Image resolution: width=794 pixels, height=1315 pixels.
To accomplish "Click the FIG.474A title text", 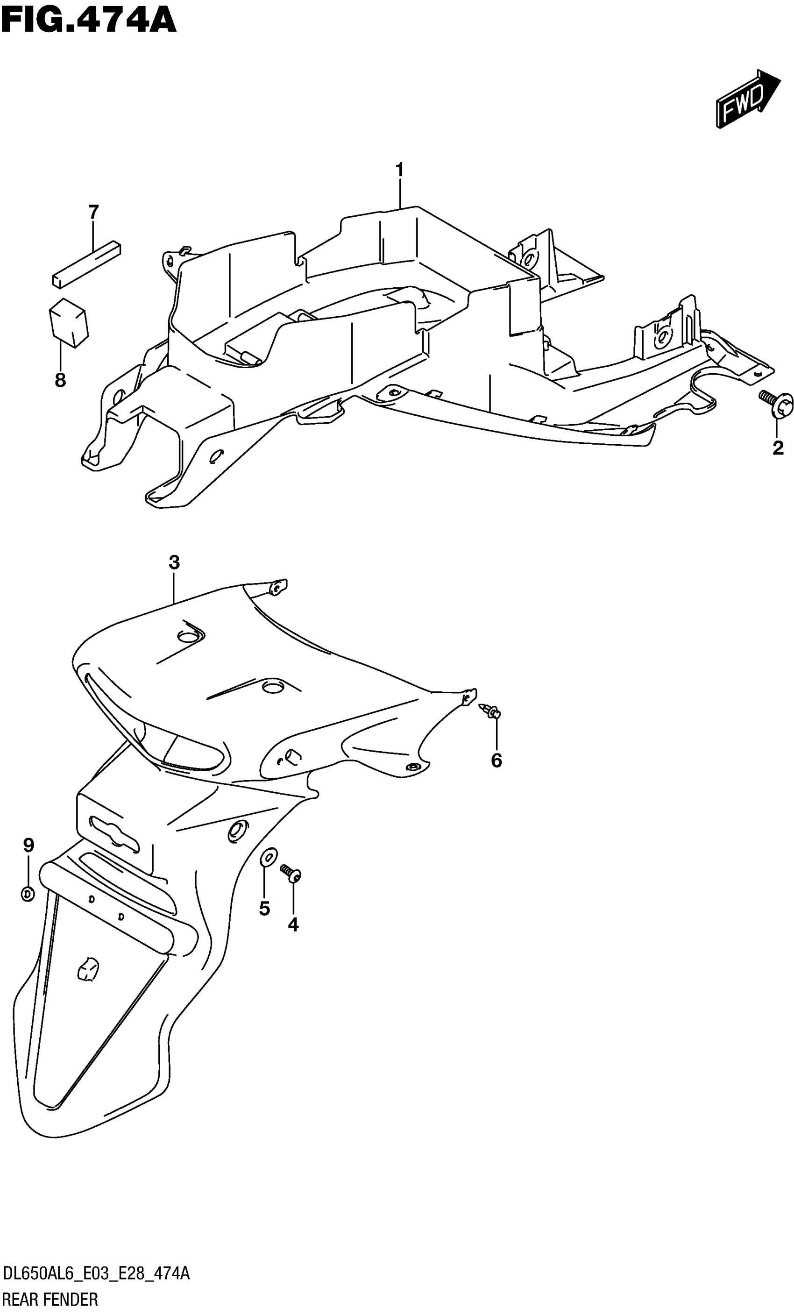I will (88, 21).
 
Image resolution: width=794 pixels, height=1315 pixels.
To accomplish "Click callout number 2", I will (778, 448).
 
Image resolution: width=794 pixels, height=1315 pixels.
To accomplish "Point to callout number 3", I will (174, 562).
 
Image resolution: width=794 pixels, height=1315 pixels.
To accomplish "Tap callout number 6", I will (496, 760).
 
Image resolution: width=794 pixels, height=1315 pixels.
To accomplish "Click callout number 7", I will (93, 212).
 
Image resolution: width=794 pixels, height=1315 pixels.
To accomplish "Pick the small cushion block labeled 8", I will (68, 322).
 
